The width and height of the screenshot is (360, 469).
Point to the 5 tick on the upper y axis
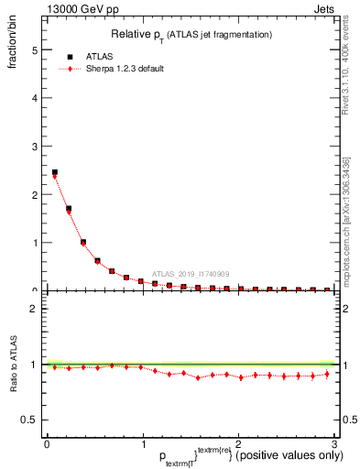(35, 50)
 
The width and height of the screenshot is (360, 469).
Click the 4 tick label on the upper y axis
(35, 98)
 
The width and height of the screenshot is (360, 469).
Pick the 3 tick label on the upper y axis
(35, 147)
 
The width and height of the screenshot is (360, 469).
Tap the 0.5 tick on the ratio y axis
(30, 420)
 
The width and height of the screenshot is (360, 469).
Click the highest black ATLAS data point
(54, 172)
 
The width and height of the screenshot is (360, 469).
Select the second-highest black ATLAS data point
(69, 209)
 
